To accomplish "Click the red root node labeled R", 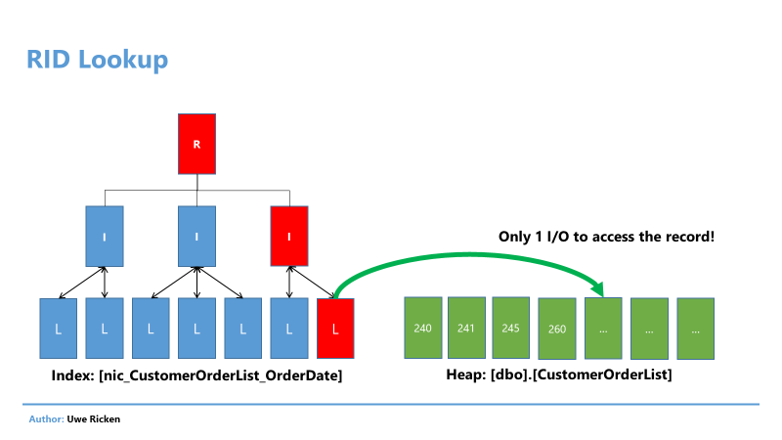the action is (x=197, y=144).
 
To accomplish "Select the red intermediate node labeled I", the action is (x=289, y=236).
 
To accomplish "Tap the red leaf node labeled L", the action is (x=335, y=329).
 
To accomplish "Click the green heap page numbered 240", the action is (x=423, y=328).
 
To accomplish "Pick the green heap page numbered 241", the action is (x=466, y=328).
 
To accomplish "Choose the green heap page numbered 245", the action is (x=510, y=328).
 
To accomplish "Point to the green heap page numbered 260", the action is (x=557, y=329).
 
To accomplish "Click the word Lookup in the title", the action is (x=123, y=61).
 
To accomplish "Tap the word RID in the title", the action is (x=48, y=60).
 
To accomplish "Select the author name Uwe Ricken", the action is (x=94, y=419).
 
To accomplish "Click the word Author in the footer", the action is (x=45, y=419).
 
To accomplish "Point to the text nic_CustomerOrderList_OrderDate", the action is (x=221, y=375).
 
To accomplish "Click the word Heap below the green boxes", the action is (x=464, y=374).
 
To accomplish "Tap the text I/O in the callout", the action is (x=557, y=237).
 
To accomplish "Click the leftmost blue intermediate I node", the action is (x=105, y=236).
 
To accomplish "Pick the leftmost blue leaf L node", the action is (x=59, y=329).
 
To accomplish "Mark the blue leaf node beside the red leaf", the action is (x=289, y=329).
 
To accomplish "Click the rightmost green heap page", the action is (x=696, y=329).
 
